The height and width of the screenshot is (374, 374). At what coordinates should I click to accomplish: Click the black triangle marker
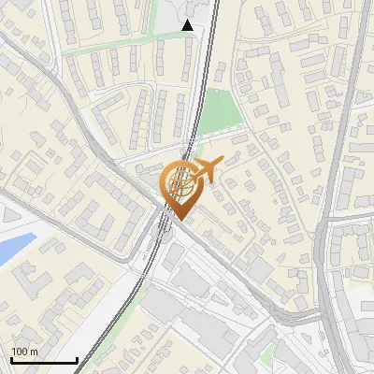[x=188, y=25]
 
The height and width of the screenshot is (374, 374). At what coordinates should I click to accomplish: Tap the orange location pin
[x=180, y=188]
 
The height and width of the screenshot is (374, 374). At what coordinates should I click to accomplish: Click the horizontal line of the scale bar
[x=43, y=360]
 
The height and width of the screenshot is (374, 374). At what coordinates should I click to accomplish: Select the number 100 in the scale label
[x=20, y=352]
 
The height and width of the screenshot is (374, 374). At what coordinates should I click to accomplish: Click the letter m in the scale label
[x=34, y=352]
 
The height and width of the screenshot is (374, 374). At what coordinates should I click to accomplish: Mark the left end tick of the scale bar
[x=10, y=358]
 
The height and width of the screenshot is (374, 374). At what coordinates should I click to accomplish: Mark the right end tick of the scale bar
[x=77, y=358]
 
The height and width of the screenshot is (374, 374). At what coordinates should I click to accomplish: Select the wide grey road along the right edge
[x=328, y=234]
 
